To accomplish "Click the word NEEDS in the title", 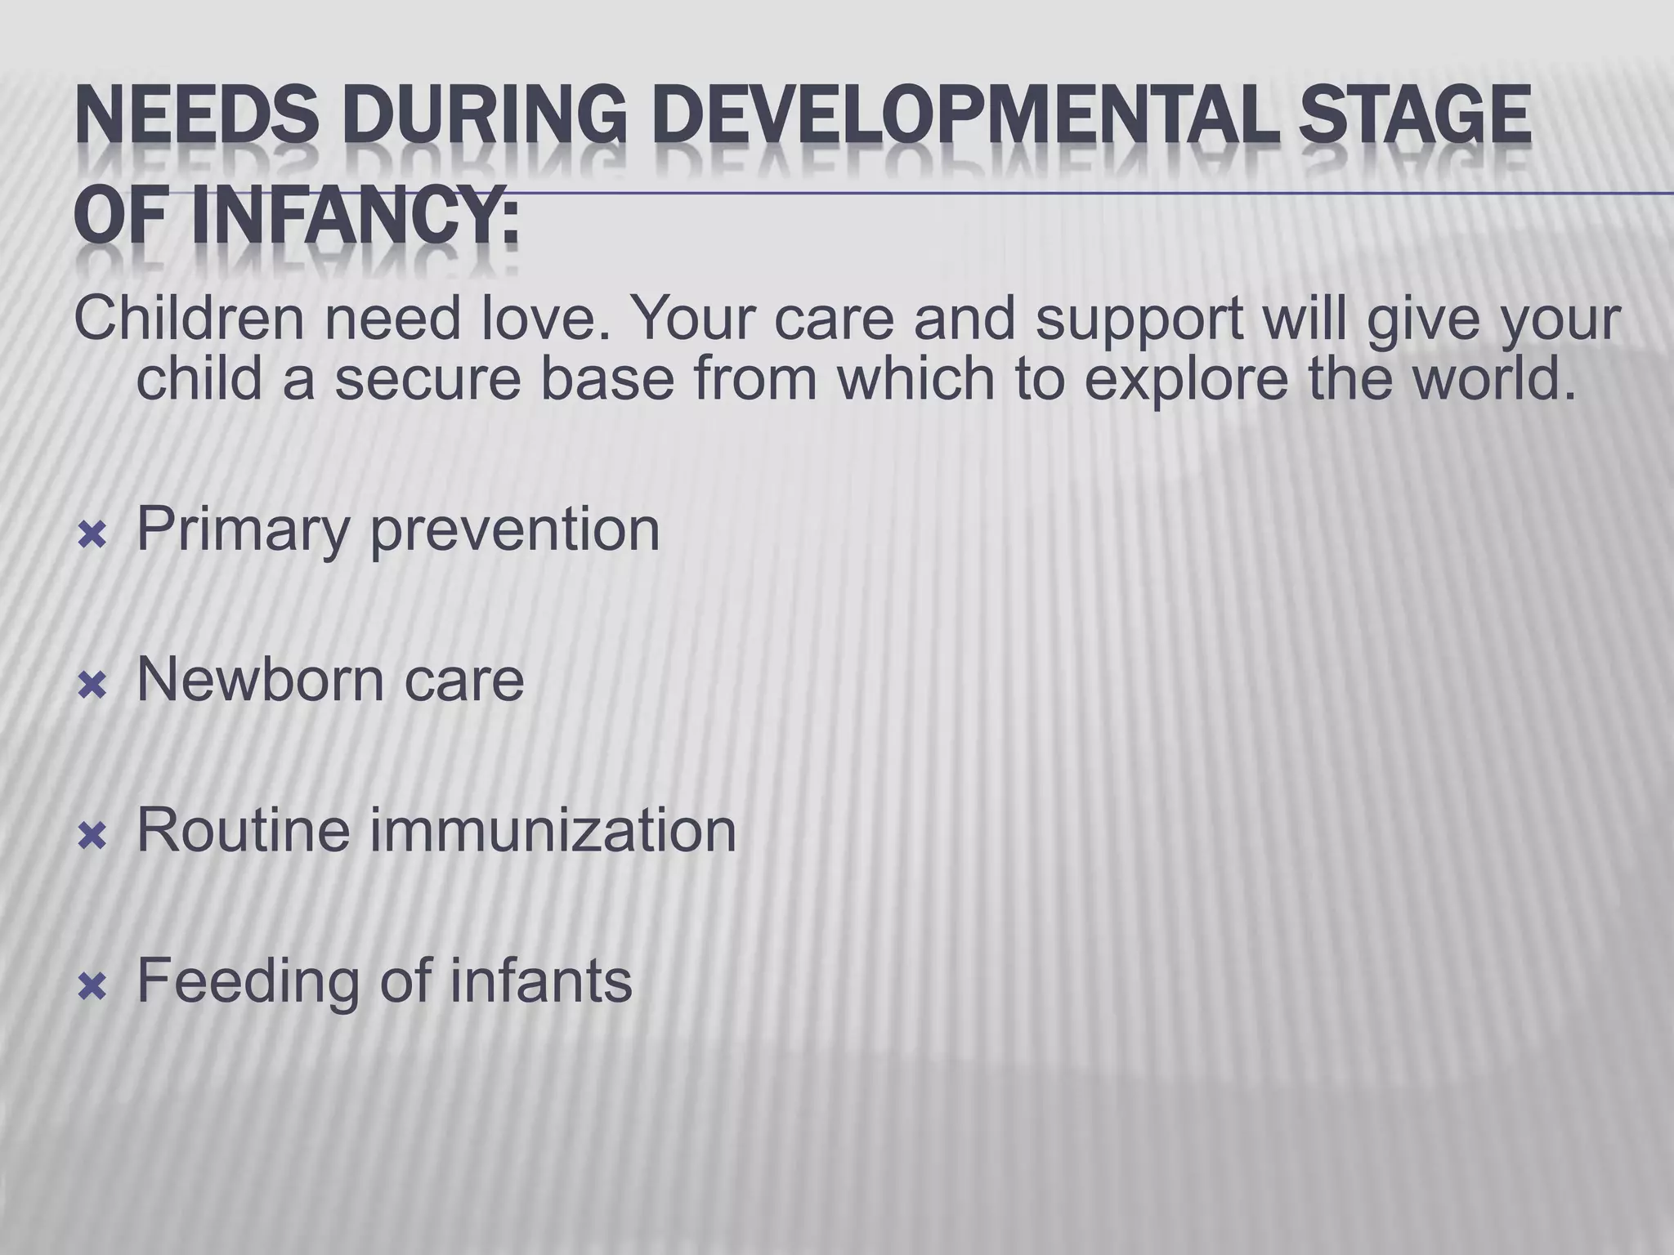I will (x=196, y=122).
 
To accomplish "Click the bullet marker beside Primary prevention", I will (x=92, y=537).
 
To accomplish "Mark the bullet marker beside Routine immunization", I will (x=92, y=837).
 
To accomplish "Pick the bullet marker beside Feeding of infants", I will (x=92, y=988).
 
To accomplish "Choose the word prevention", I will (x=515, y=531).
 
